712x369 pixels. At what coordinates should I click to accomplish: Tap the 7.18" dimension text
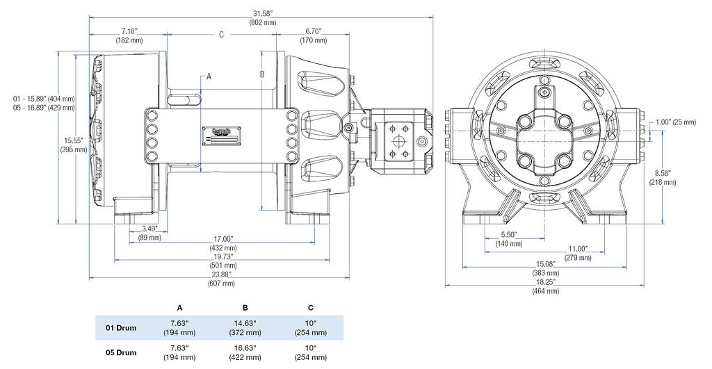coord(129,31)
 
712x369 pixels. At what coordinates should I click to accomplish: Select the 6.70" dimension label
coord(314,31)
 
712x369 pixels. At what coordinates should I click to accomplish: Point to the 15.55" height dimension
coord(72,140)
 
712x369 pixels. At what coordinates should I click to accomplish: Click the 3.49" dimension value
coord(149,229)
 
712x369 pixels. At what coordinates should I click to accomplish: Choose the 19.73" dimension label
coord(222,256)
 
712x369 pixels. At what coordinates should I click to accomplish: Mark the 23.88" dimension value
coord(222,274)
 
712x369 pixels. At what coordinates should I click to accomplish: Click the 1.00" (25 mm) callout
coord(674,123)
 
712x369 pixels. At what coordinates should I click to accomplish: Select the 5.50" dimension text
coord(509,235)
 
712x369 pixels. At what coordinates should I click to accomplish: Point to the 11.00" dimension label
coord(578,249)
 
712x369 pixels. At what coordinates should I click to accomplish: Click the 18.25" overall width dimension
coord(545,282)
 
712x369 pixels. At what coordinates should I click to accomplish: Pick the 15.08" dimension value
coord(545,264)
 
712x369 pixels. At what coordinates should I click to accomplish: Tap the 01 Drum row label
coord(122,327)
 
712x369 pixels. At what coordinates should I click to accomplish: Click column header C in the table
coord(310,307)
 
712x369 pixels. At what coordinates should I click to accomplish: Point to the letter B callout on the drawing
coord(262,73)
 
